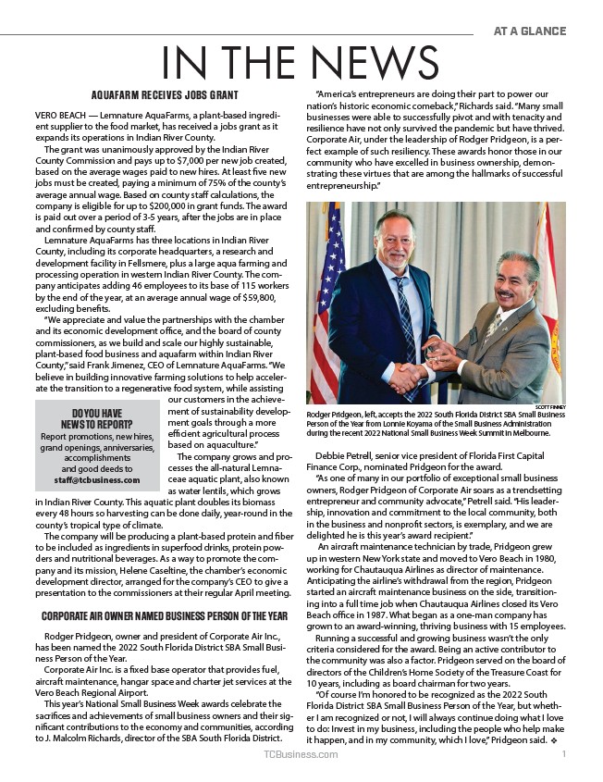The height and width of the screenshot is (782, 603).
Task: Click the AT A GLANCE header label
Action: [529, 31]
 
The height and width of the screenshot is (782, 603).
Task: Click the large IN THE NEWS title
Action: [301, 62]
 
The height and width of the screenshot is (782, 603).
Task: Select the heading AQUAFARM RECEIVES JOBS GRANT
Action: [166, 95]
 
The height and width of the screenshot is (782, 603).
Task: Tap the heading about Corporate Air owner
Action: [165, 615]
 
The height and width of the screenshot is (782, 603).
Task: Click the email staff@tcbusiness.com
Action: [96, 480]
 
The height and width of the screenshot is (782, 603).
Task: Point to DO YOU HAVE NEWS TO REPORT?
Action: [96, 418]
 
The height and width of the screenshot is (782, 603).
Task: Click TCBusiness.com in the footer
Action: [301, 755]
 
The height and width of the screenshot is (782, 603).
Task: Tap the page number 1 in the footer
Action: [563, 755]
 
